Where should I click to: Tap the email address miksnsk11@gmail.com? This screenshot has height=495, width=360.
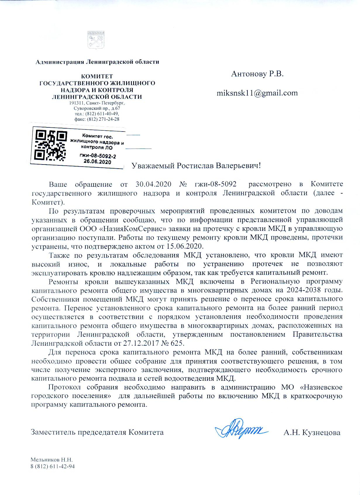point(257,93)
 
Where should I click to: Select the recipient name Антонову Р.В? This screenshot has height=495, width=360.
point(257,74)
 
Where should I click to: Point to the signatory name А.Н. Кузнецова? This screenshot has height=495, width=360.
point(312,432)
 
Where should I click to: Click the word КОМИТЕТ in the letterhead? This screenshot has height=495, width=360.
point(97,77)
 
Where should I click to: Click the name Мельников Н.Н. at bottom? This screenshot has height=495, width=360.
point(51,460)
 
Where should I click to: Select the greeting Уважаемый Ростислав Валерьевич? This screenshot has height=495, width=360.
point(196,166)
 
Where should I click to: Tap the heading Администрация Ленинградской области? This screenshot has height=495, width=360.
point(97,62)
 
